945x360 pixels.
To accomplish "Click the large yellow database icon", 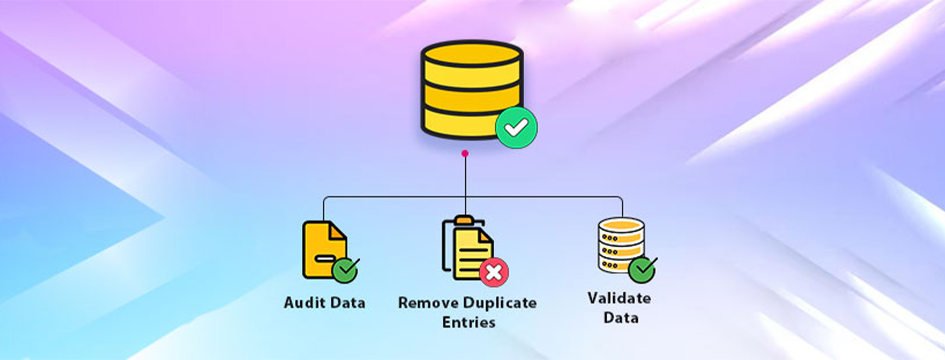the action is pyautogui.click(x=471, y=89).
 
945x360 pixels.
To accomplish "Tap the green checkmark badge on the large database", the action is pyautogui.click(x=516, y=127).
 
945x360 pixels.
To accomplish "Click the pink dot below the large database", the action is pyautogui.click(x=465, y=153).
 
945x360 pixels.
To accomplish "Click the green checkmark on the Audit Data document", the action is pyautogui.click(x=345, y=270).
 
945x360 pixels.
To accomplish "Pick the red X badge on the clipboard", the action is pyautogui.click(x=494, y=272).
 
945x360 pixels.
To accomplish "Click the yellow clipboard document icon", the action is pyautogui.click(x=468, y=248).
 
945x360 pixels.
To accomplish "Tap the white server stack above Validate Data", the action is pyautogui.click(x=621, y=245).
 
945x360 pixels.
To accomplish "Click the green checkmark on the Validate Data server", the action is pyautogui.click(x=642, y=269).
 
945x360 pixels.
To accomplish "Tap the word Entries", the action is pyautogui.click(x=468, y=322).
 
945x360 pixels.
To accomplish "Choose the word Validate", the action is pyautogui.click(x=620, y=298).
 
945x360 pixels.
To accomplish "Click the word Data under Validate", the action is pyautogui.click(x=620, y=317).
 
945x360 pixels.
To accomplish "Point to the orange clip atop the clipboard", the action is pyautogui.click(x=464, y=220).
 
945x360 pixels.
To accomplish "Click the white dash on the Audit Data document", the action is pyautogui.click(x=325, y=258).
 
